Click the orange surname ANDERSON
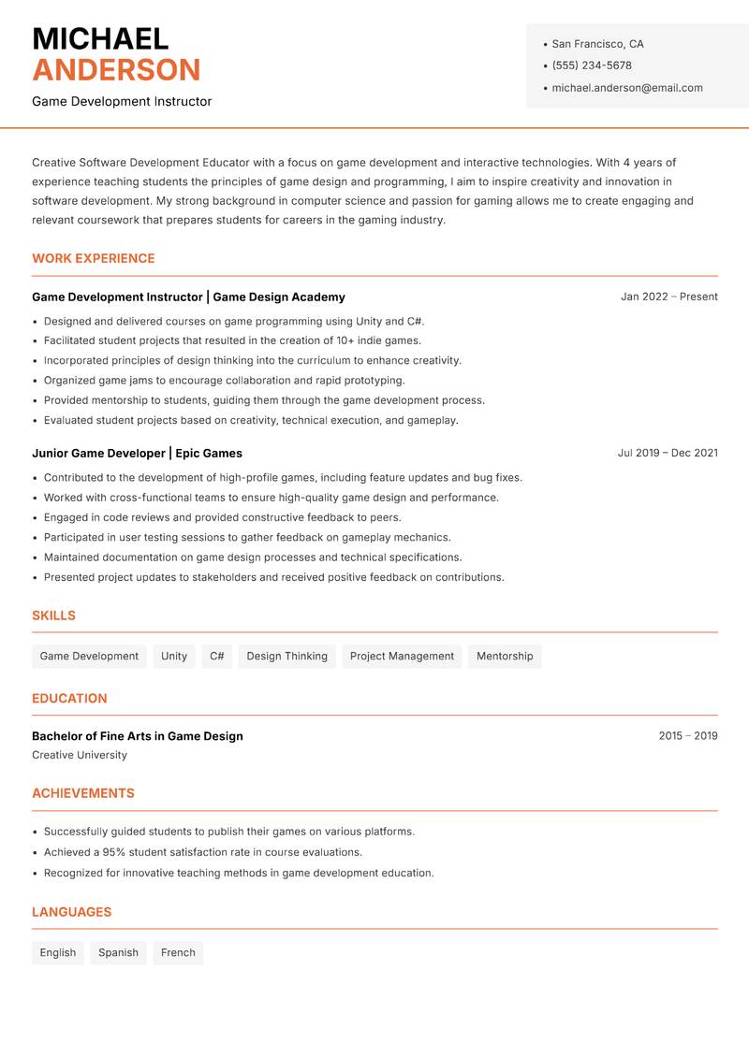tap(116, 70)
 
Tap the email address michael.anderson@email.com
tap(626, 88)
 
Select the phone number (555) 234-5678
tap(591, 65)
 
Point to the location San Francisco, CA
tap(597, 44)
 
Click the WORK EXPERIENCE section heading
tap(94, 258)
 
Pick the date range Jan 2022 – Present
tap(668, 297)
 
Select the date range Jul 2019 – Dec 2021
tap(667, 453)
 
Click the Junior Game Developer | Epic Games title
tap(137, 453)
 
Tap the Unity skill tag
tap(174, 656)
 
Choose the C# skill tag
tap(217, 656)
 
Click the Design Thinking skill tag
tap(286, 656)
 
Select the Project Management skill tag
tap(402, 656)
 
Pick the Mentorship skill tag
tap(505, 656)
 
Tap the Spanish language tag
tap(118, 952)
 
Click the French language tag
tap(178, 952)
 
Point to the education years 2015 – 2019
tap(687, 736)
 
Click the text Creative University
tap(80, 755)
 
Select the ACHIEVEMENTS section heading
tap(83, 793)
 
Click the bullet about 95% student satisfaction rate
tap(202, 852)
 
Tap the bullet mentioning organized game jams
tap(224, 381)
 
